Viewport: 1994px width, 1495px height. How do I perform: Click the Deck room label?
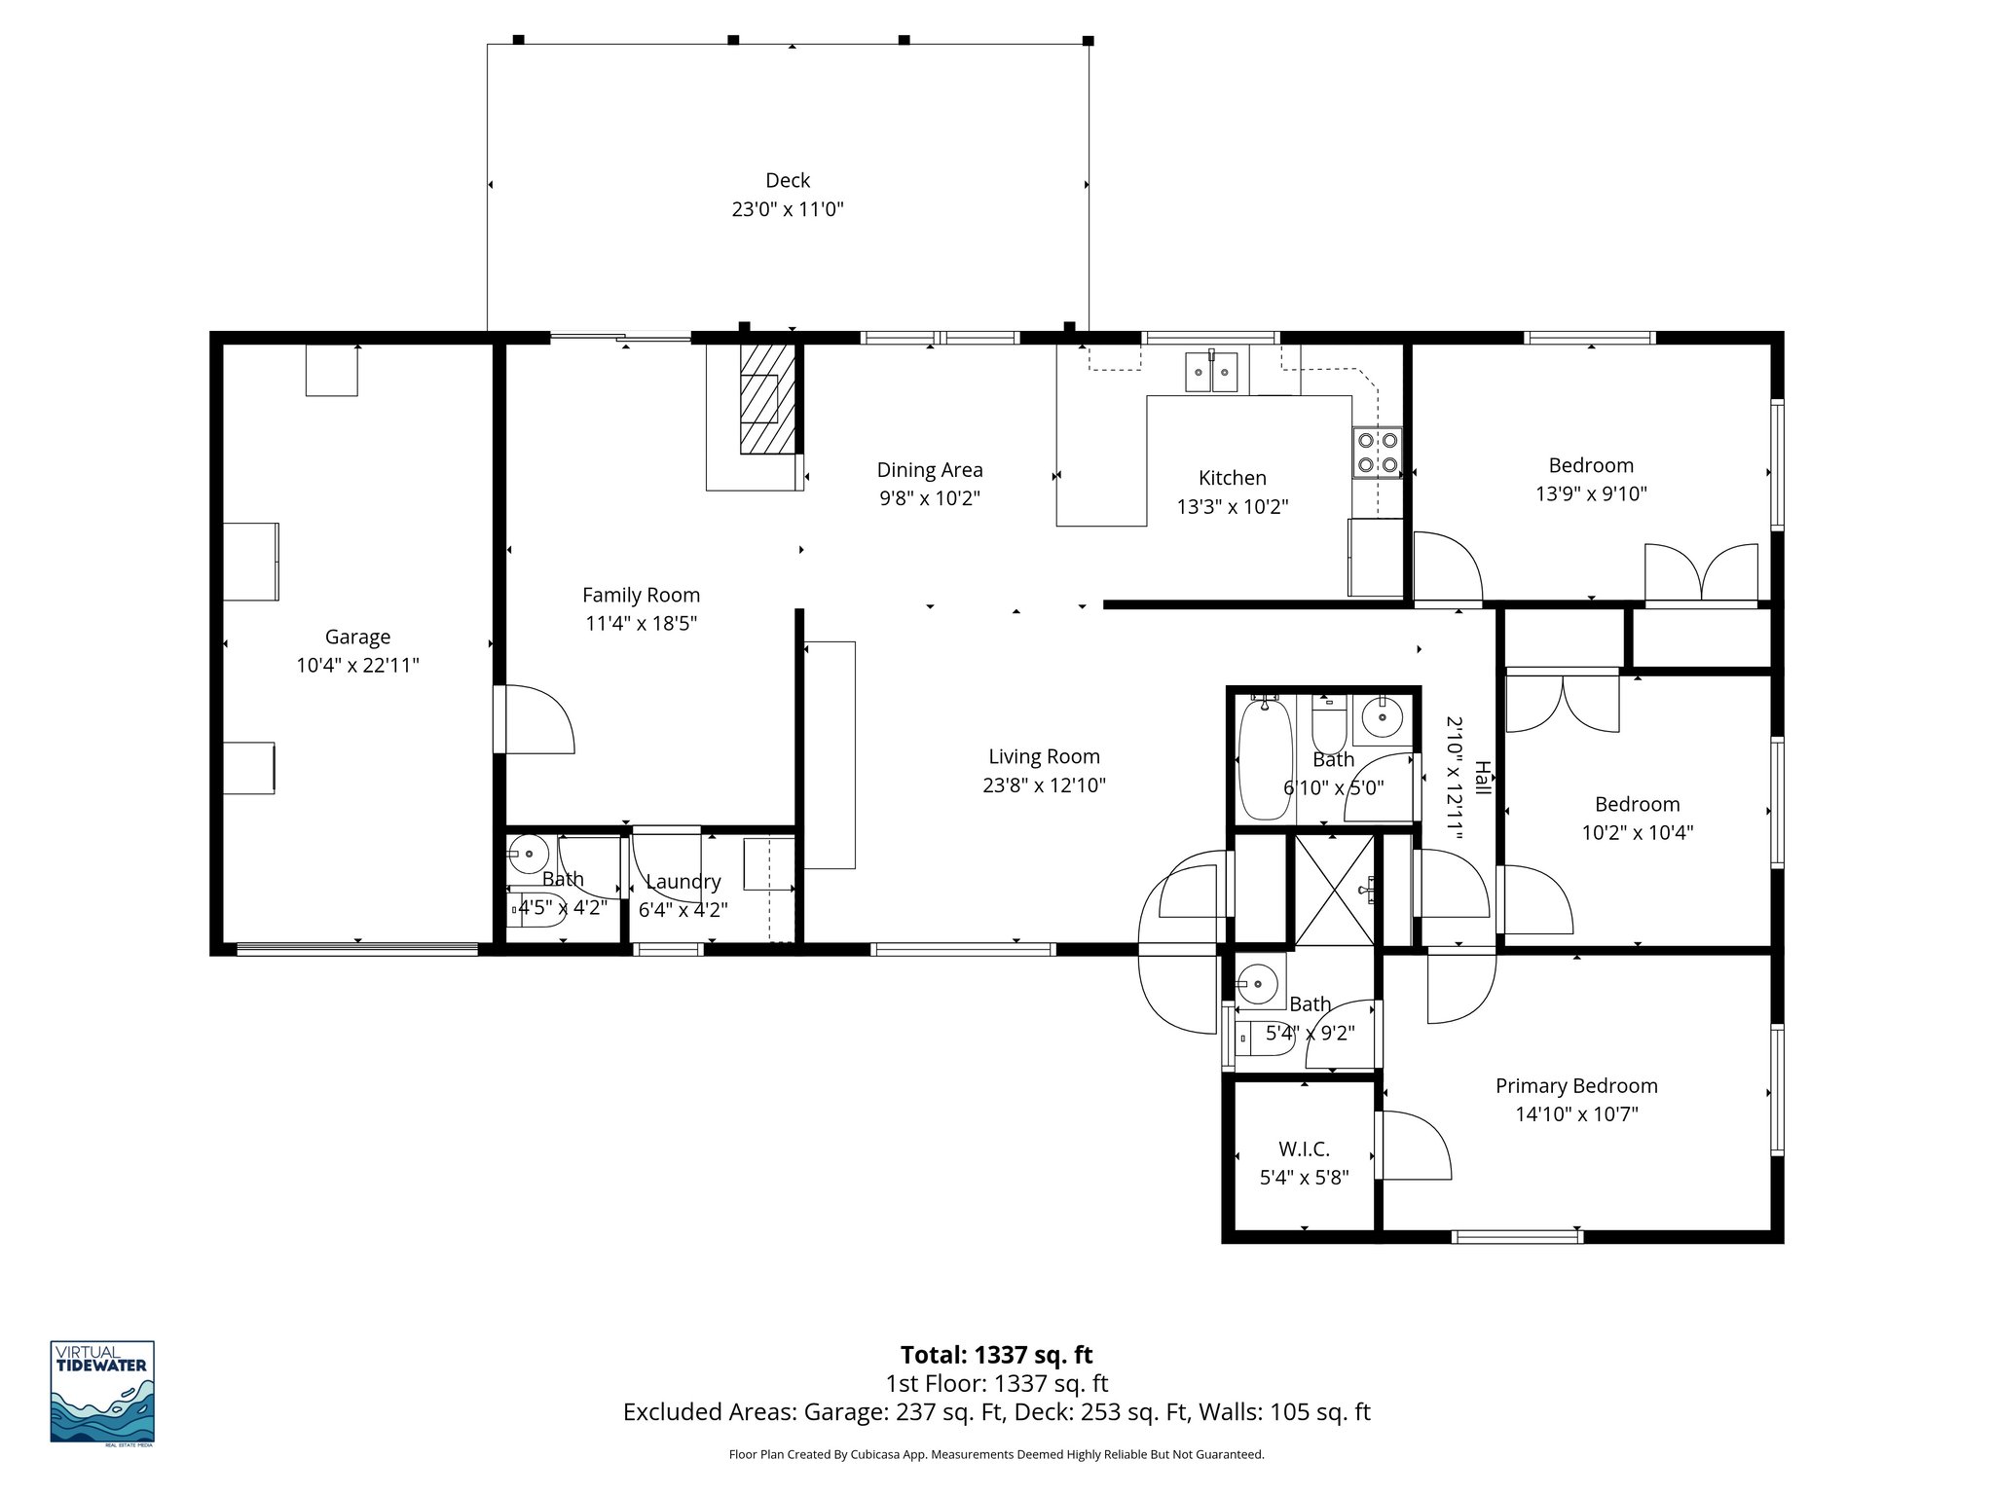(x=788, y=181)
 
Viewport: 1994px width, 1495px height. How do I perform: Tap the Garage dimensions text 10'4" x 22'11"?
(x=357, y=666)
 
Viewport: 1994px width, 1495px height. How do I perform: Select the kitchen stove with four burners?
(x=1377, y=453)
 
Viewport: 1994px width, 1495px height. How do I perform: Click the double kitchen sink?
(x=1210, y=371)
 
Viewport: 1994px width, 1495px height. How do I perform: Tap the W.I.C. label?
(x=1304, y=1149)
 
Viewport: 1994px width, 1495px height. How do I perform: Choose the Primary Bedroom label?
(x=1575, y=1086)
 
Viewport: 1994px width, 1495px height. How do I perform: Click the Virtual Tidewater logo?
(x=102, y=1391)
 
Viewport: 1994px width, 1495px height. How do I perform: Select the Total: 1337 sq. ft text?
(x=996, y=1355)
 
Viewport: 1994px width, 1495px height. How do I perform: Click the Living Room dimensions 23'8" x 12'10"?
(x=1044, y=785)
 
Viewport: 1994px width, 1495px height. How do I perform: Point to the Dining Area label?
(x=929, y=470)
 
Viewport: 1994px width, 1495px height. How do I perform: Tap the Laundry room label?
(x=683, y=882)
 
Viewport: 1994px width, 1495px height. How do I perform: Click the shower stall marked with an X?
(x=1334, y=890)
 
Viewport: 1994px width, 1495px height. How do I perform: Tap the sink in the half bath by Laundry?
(x=529, y=854)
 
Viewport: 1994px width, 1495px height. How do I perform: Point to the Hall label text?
(x=1481, y=778)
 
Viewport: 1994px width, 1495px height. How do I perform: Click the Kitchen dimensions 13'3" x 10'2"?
(x=1232, y=507)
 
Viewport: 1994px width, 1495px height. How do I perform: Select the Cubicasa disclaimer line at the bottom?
(x=996, y=1455)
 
